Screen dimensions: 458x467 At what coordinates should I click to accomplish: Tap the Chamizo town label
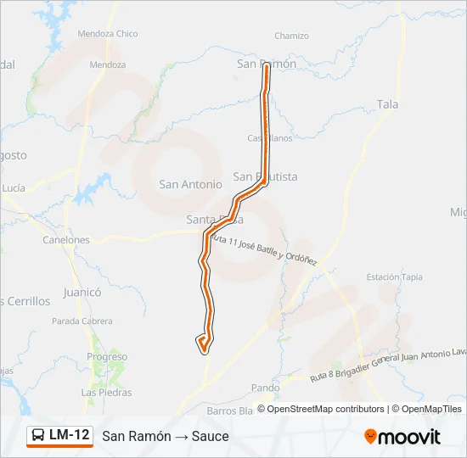coord(291,36)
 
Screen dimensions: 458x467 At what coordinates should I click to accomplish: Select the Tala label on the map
coord(387,104)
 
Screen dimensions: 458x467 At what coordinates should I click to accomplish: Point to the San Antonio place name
coord(190,184)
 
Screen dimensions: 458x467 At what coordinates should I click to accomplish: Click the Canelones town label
coord(66,240)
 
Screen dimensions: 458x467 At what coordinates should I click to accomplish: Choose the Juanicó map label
coord(82,292)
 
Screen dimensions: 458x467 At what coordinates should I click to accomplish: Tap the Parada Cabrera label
coord(82,321)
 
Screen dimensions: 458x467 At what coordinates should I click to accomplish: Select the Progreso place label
coord(106,357)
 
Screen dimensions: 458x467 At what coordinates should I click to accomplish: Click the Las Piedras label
coord(106,393)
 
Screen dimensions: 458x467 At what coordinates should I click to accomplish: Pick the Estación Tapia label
coord(394,277)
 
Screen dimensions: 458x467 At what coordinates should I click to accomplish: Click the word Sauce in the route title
coord(211,436)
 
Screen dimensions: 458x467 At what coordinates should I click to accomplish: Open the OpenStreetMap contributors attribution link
coord(324,409)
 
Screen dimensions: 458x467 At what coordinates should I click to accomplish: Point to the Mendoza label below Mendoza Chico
coord(107,64)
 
